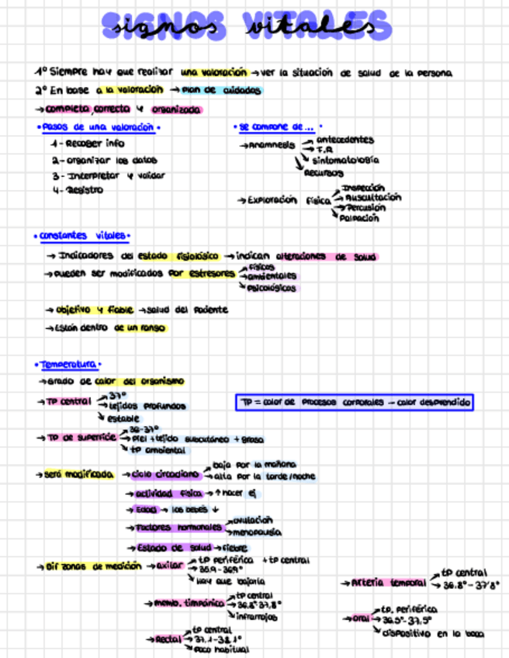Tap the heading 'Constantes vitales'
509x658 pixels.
point(83,236)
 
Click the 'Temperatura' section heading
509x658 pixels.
point(68,364)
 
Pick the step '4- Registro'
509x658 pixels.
point(78,190)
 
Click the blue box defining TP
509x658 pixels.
point(355,403)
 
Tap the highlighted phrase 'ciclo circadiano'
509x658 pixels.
point(166,474)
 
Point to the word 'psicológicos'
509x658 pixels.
point(272,288)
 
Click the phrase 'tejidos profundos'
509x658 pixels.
point(147,406)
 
